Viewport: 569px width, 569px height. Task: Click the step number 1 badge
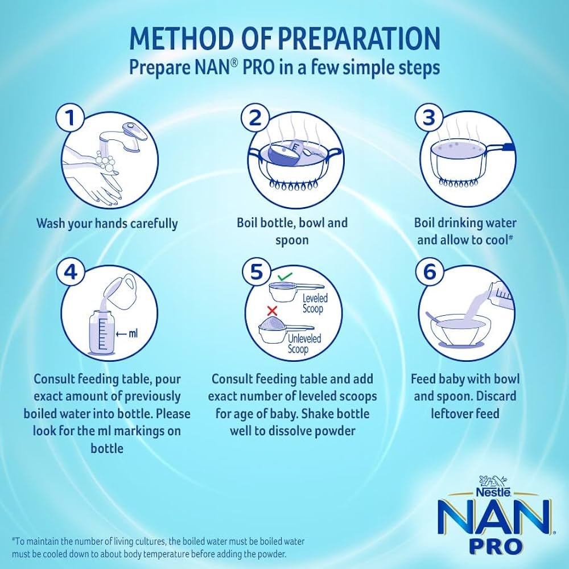point(71,118)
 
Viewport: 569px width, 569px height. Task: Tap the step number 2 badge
point(255,117)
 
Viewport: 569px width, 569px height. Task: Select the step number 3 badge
point(429,117)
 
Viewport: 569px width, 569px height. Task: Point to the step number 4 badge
point(71,271)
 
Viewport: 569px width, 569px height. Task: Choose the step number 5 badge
point(256,272)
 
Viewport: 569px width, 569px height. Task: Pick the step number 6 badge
point(430,272)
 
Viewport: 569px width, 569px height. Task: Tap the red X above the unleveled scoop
point(272,311)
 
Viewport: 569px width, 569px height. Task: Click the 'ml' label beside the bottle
point(133,333)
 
